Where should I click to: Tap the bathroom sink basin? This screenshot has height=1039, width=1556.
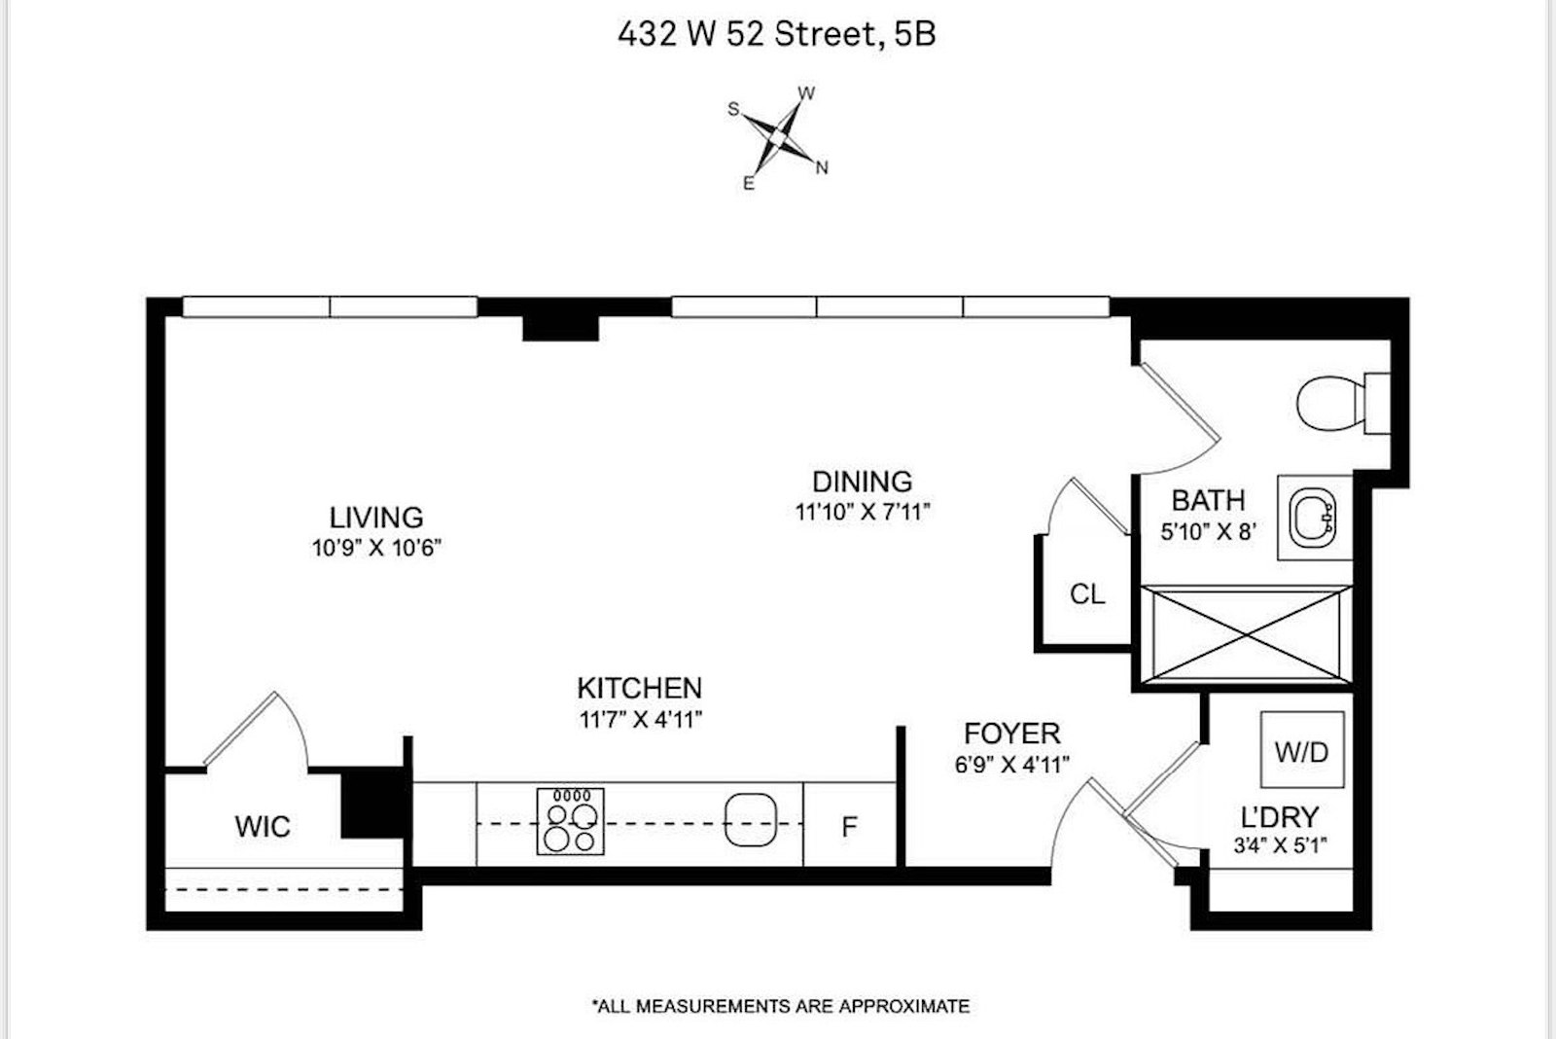(1313, 519)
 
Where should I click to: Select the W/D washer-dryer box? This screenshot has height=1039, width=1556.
(1302, 750)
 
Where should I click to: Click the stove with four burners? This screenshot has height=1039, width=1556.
(571, 822)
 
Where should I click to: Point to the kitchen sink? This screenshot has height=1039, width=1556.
(751, 820)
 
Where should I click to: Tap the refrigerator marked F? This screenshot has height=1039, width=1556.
(849, 826)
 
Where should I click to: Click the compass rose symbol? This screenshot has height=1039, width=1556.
(779, 139)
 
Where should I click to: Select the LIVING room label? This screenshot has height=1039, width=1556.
(376, 518)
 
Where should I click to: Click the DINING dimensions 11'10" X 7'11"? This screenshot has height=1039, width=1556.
(863, 512)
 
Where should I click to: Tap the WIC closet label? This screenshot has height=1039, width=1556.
(263, 827)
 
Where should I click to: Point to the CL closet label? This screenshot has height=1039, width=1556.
(1086, 594)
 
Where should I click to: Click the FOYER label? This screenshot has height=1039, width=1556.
(1011, 733)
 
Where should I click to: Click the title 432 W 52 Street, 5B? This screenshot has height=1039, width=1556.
(776, 35)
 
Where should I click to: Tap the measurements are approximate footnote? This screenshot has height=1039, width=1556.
(780, 1006)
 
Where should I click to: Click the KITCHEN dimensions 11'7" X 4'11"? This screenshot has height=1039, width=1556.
(639, 720)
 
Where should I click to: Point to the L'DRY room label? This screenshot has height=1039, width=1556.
(1280, 817)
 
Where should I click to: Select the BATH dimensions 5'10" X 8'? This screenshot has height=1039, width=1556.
(1208, 531)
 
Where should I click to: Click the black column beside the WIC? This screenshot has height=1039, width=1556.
(373, 804)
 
